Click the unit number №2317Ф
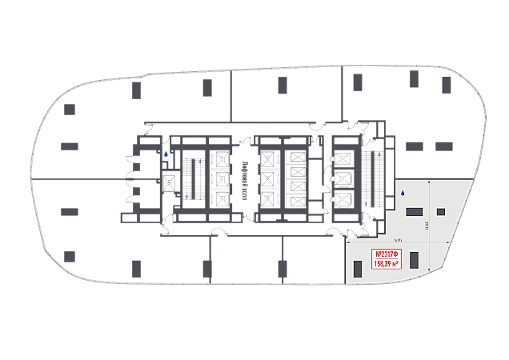click(387, 255)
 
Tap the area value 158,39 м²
click(387, 264)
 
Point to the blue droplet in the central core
click(166, 154)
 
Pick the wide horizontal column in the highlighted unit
click(414, 210)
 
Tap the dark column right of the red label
click(416, 259)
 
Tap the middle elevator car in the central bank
click(267, 178)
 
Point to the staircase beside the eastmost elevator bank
click(369, 177)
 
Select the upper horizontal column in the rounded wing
click(70, 146)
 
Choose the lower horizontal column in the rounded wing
click(70, 210)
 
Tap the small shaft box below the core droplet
click(169, 183)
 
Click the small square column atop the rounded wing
click(70, 108)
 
